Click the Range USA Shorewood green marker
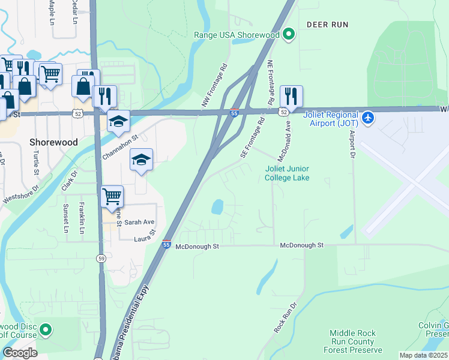(x=289, y=35)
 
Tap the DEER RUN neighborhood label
(x=328, y=25)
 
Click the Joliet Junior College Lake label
(x=288, y=173)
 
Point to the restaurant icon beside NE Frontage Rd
(x=291, y=96)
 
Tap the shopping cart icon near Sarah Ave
(x=112, y=197)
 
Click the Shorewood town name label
(x=53, y=142)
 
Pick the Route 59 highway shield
(x=101, y=257)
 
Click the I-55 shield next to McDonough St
(x=166, y=245)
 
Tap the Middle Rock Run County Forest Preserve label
(x=352, y=341)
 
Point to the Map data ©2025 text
(x=424, y=355)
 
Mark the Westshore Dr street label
(x=20, y=196)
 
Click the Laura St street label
(x=145, y=235)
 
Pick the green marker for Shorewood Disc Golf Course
(x=46, y=330)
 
